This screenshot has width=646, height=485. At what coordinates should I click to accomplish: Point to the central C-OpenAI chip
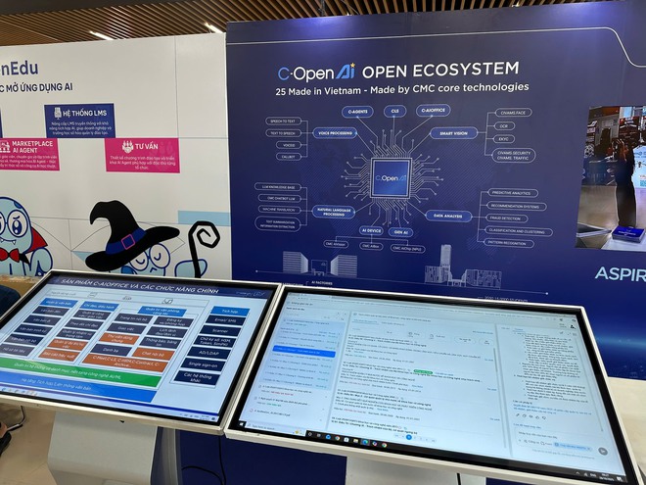click(390, 177)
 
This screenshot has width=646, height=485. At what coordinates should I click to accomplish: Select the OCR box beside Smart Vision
click(505, 125)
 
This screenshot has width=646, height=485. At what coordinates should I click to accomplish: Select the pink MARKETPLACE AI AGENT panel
click(27, 154)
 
